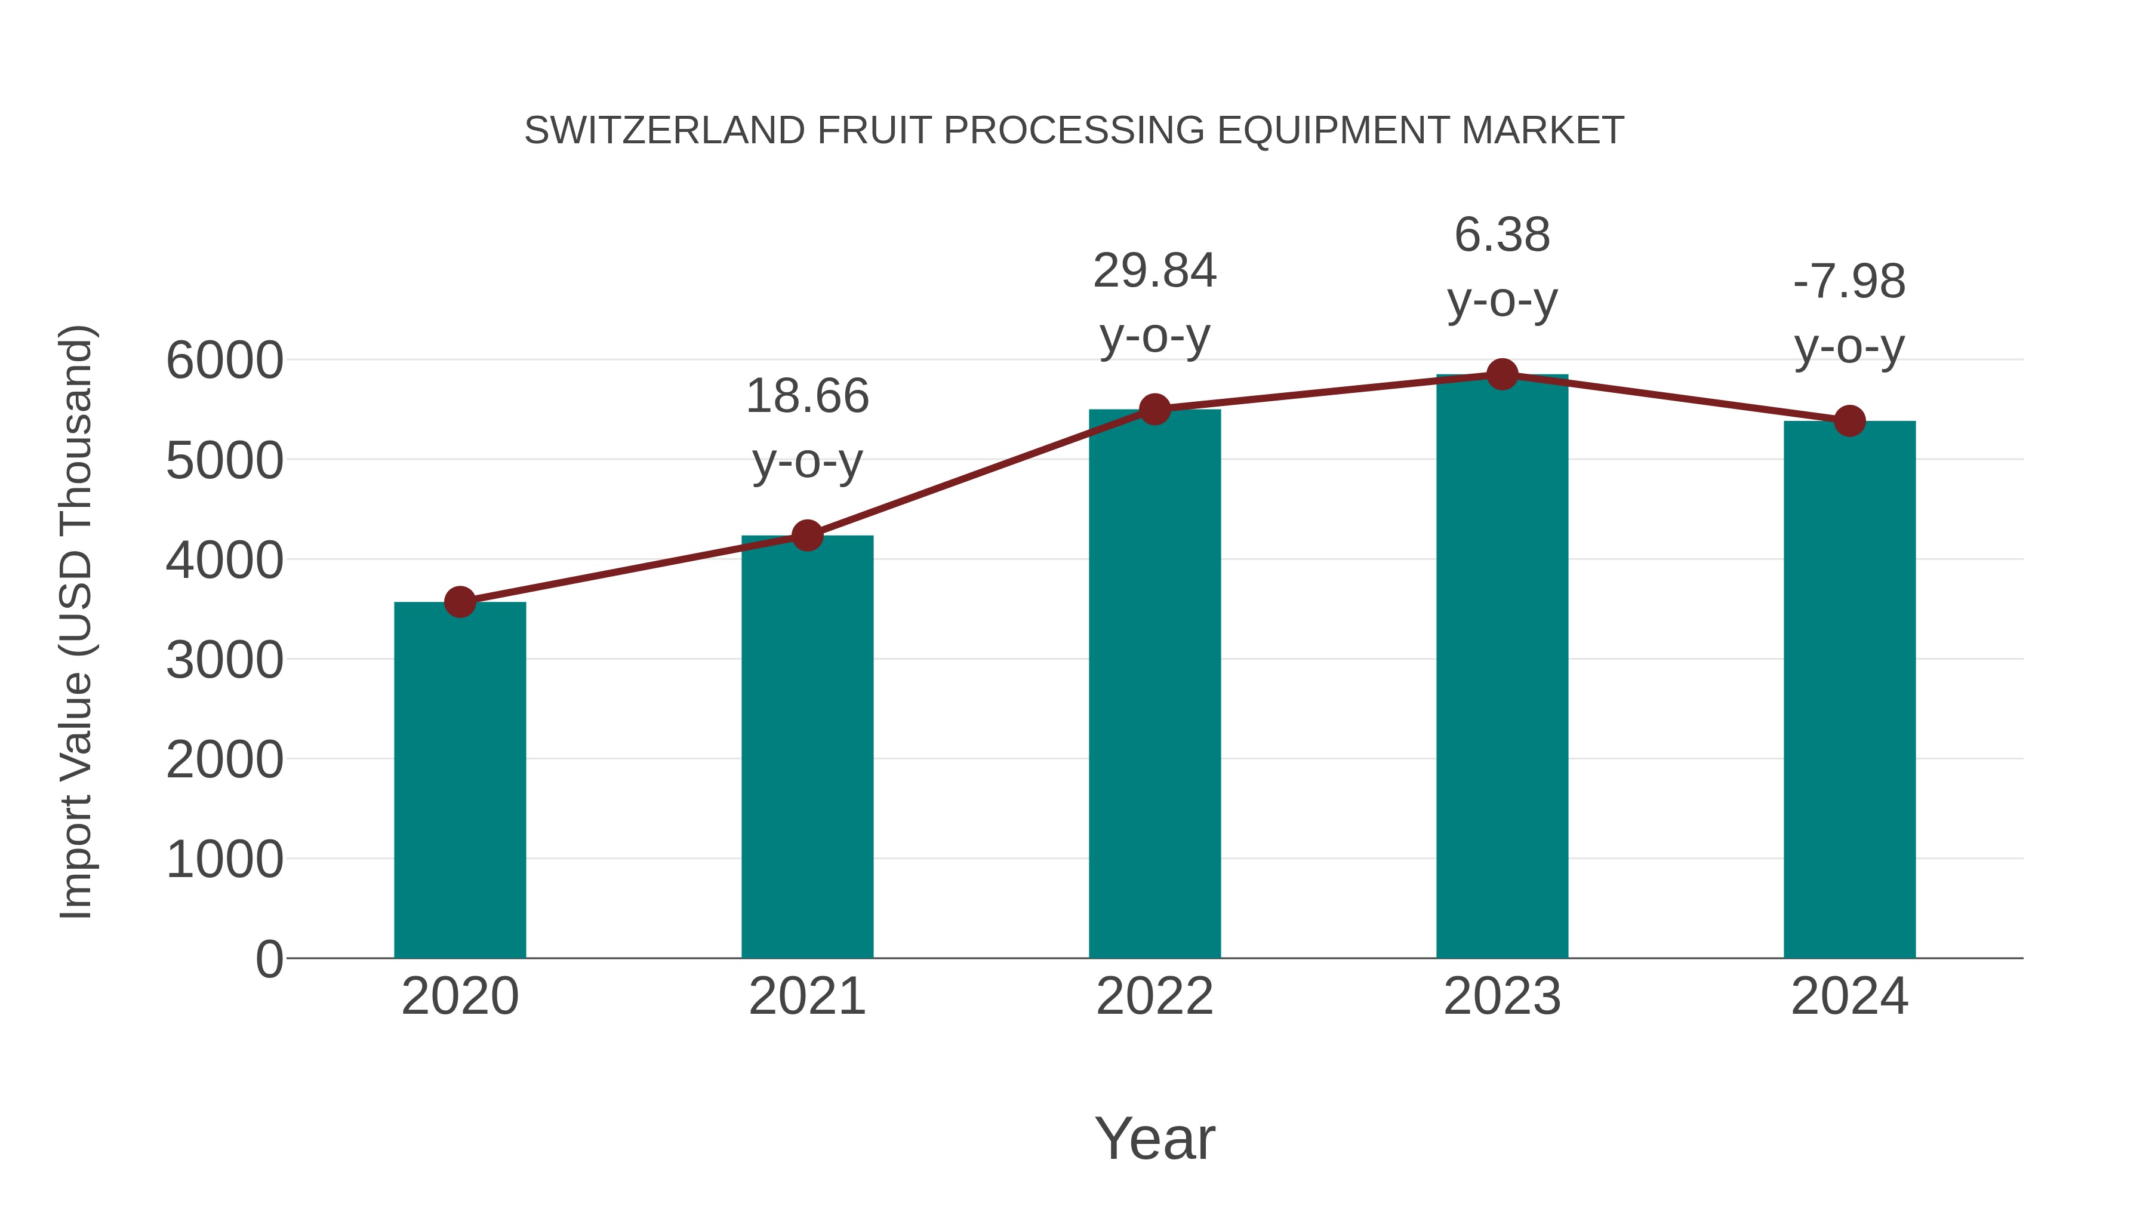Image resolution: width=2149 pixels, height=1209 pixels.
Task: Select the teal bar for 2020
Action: (x=460, y=780)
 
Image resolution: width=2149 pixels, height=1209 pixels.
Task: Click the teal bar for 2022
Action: (x=1154, y=684)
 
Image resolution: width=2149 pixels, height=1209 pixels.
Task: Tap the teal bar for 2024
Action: (x=1849, y=690)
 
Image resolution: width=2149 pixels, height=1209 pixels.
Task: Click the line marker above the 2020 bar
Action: (x=460, y=602)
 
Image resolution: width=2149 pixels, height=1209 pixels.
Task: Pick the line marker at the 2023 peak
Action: (x=1503, y=374)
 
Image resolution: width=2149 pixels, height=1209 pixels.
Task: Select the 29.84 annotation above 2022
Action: (x=1154, y=271)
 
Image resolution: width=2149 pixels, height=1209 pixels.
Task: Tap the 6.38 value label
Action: (x=1503, y=235)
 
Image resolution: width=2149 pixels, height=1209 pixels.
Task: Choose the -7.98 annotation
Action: (x=1849, y=282)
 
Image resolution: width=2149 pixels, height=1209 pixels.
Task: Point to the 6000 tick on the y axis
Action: (x=224, y=361)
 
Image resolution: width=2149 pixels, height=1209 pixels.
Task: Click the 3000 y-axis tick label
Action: (x=224, y=661)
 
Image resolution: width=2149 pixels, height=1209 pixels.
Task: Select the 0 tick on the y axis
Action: (x=269, y=959)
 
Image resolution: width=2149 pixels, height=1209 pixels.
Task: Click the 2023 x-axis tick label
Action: (x=1503, y=996)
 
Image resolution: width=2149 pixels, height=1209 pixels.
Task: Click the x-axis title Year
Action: (x=1154, y=1139)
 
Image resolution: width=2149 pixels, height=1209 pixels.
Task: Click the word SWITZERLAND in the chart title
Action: (x=664, y=131)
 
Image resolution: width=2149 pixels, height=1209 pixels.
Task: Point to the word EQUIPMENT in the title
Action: (x=1333, y=131)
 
